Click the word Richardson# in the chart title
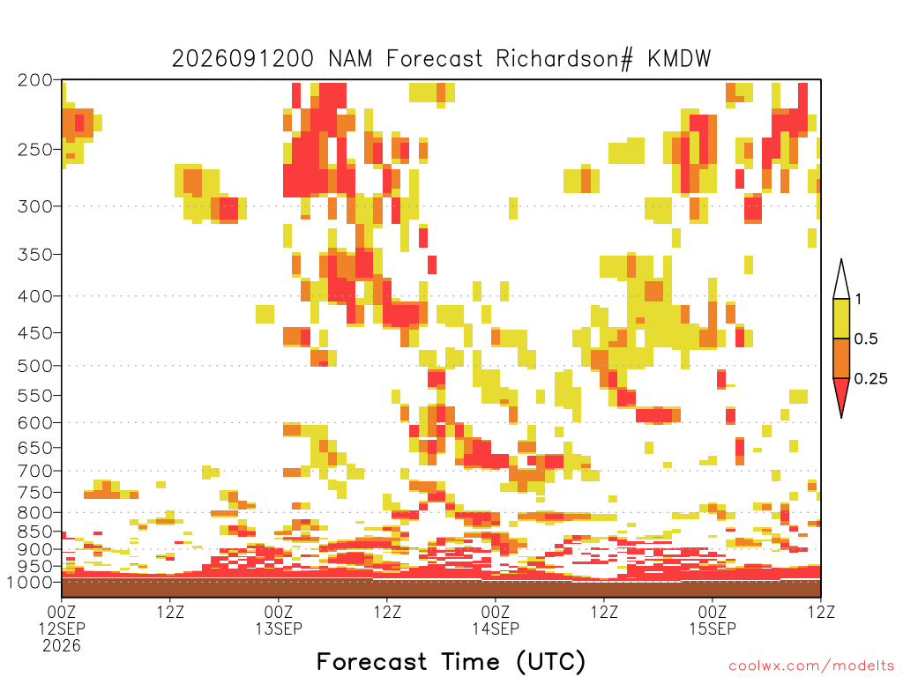[563, 59]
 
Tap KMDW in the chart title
[679, 59]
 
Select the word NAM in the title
[349, 59]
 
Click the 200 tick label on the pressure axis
[35, 80]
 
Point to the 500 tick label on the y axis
[35, 366]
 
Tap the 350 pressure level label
[35, 254]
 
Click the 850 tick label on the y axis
[35, 532]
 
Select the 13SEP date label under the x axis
[279, 629]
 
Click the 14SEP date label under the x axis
[496, 629]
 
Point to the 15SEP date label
[713, 629]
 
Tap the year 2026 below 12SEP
[62, 646]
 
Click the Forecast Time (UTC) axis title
[451, 662]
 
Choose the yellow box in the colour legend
[841, 318]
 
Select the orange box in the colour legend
[841, 358]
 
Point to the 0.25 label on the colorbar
[870, 378]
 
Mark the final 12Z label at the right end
[821, 612]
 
